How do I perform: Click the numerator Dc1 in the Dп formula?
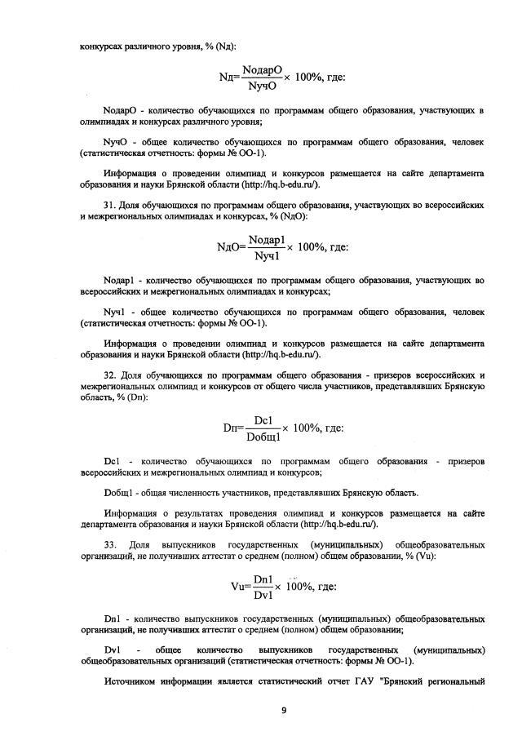(263, 419)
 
